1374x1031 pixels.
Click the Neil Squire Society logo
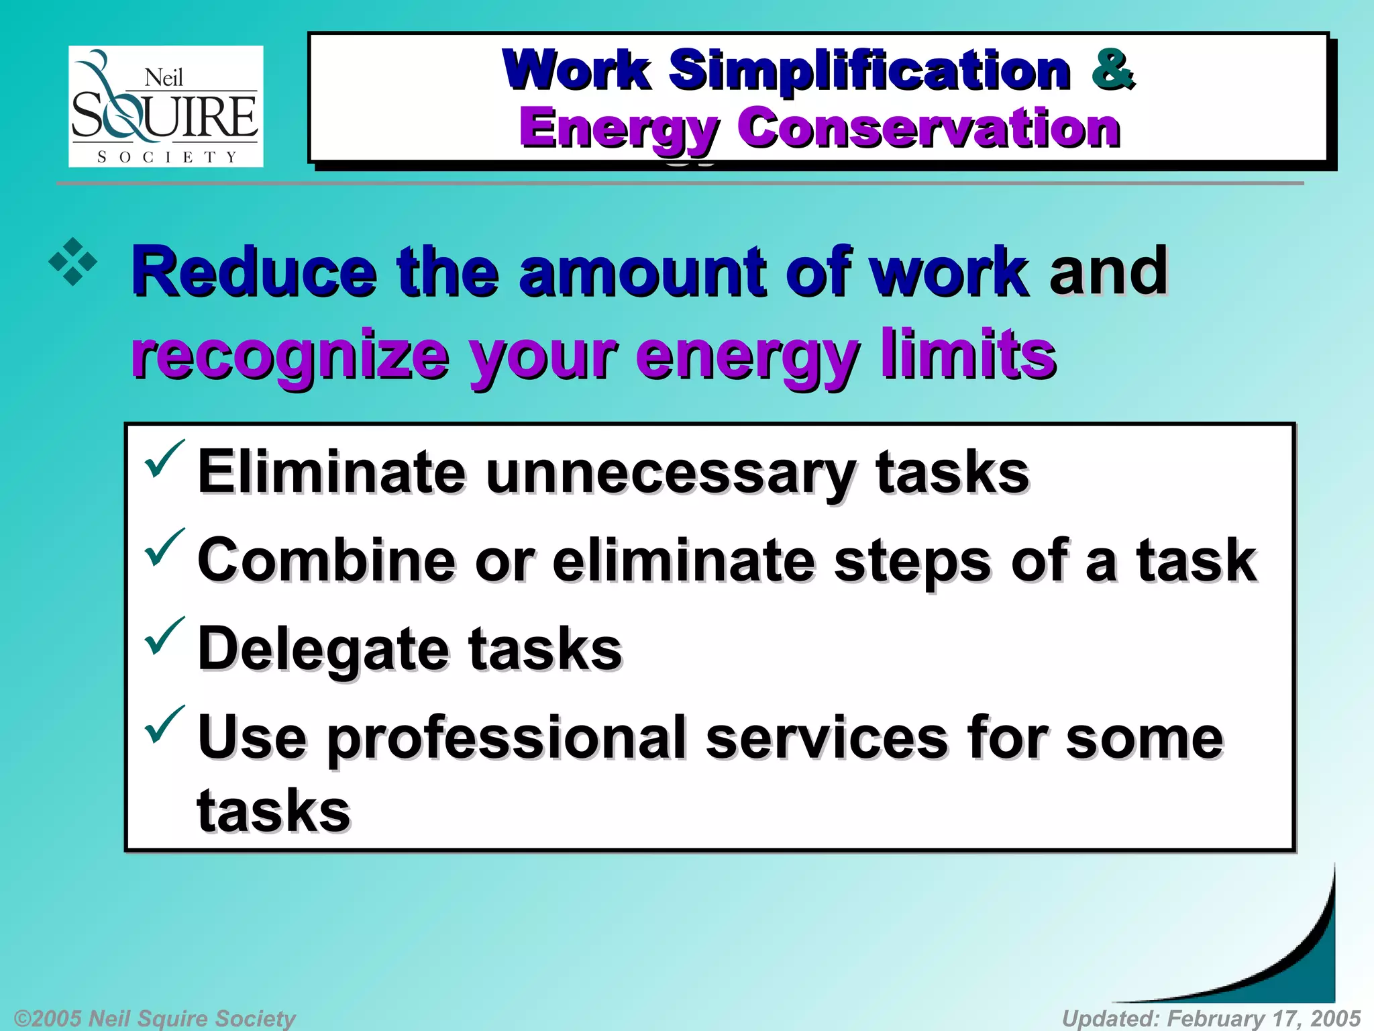point(166,106)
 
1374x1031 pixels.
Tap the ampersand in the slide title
point(1112,69)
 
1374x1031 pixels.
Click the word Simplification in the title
point(869,70)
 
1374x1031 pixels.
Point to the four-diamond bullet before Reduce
point(72,262)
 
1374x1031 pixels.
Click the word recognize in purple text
point(290,356)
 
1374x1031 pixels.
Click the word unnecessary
point(670,473)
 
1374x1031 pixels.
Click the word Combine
point(326,560)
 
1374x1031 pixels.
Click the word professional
point(509,738)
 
